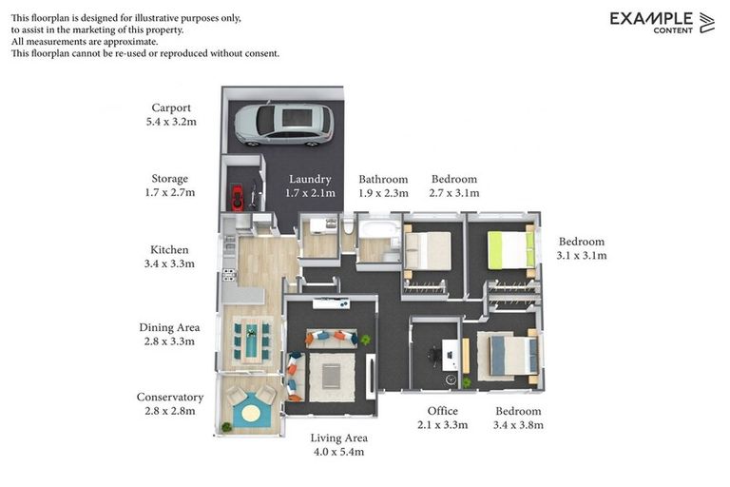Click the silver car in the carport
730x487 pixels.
[283, 124]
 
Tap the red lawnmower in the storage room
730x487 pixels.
[236, 197]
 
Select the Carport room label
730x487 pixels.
[171, 107]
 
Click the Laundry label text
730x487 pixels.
[310, 179]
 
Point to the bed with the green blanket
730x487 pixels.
[509, 249]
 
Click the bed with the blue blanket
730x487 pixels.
[501, 357]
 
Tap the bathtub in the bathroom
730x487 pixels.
[382, 231]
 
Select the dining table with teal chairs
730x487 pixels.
[251, 340]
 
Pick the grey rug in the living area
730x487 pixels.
[332, 375]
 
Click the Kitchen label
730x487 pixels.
[169, 249]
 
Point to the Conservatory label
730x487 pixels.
[169, 397]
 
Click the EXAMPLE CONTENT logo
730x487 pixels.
[662, 22]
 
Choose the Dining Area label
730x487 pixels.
[169, 327]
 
